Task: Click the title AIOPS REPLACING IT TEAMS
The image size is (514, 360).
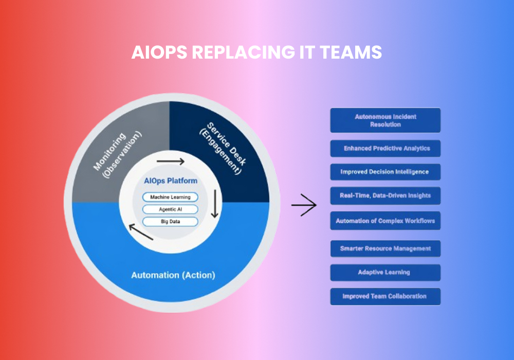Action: point(256,52)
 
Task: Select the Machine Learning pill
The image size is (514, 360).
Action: point(170,197)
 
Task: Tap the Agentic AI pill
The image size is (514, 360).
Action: point(170,209)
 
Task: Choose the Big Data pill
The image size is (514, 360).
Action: point(170,222)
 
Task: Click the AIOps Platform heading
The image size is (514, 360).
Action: point(171,181)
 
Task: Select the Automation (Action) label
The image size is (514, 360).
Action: point(173,275)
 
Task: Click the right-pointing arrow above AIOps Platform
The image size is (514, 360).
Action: point(170,162)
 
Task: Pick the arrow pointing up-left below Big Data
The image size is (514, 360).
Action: point(140,232)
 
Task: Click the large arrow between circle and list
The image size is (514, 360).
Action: point(304,205)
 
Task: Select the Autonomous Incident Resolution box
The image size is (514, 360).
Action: point(385,120)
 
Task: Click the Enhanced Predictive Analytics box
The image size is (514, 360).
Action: point(385,149)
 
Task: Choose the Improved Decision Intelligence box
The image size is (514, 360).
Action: point(385,172)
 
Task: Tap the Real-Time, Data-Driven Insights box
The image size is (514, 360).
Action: point(385,195)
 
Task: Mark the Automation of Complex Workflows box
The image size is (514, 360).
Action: point(385,221)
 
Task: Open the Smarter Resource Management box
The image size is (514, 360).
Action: point(385,248)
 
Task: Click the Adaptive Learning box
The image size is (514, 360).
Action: point(385,272)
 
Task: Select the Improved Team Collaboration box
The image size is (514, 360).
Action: point(385,296)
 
